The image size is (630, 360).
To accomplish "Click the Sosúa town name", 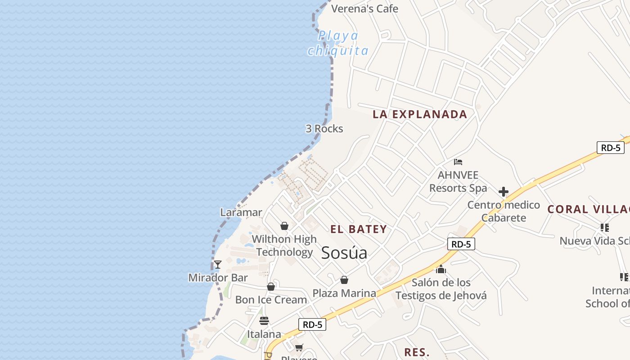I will point(344,253).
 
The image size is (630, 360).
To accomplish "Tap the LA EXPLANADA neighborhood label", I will point(419,114).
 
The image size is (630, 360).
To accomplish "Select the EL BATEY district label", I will point(359,229).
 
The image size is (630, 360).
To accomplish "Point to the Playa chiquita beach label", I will point(338,43).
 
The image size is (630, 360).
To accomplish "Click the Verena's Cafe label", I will point(364,9).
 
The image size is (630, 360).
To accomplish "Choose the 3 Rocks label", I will point(324,129).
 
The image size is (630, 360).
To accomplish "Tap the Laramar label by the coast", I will point(241,212).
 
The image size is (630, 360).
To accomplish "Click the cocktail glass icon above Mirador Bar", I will point(218,264).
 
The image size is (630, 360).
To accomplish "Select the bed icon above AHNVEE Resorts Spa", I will point(458,162).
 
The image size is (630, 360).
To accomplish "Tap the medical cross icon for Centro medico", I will point(503,192).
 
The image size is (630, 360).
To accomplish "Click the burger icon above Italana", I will point(264,321).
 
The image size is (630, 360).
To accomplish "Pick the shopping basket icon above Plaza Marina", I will point(344,280).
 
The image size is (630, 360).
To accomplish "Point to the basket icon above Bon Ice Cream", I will point(271,287).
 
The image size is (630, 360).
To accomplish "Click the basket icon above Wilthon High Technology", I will point(284,225).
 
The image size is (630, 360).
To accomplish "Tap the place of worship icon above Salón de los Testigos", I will point(441,269).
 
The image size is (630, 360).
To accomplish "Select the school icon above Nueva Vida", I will point(604,228).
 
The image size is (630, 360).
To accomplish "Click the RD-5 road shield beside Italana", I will point(312,324).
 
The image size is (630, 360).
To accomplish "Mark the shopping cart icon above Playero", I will point(299,347).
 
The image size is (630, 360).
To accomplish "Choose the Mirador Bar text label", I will point(218,278).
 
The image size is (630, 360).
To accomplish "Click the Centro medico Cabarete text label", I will point(504,211).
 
